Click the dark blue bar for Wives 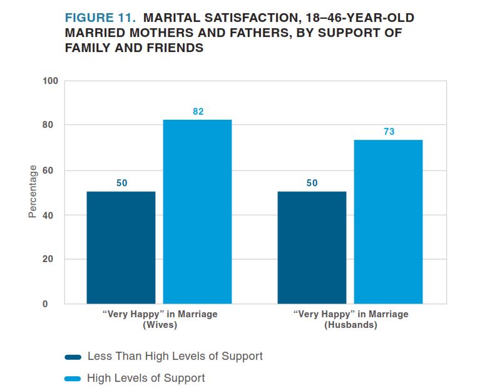(x=121, y=248)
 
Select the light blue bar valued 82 (x=197, y=212)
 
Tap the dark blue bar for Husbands (x=312, y=248)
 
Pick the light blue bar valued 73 (x=388, y=222)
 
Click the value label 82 (x=198, y=112)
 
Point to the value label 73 (x=389, y=132)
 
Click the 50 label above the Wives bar (x=121, y=183)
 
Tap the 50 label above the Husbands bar (x=312, y=183)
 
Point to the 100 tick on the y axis (x=50, y=81)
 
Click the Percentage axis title (x=33, y=192)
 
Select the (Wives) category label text (x=160, y=325)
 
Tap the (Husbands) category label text (x=351, y=325)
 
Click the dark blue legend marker (x=73, y=357)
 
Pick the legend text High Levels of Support (x=146, y=378)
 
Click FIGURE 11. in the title (x=100, y=18)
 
